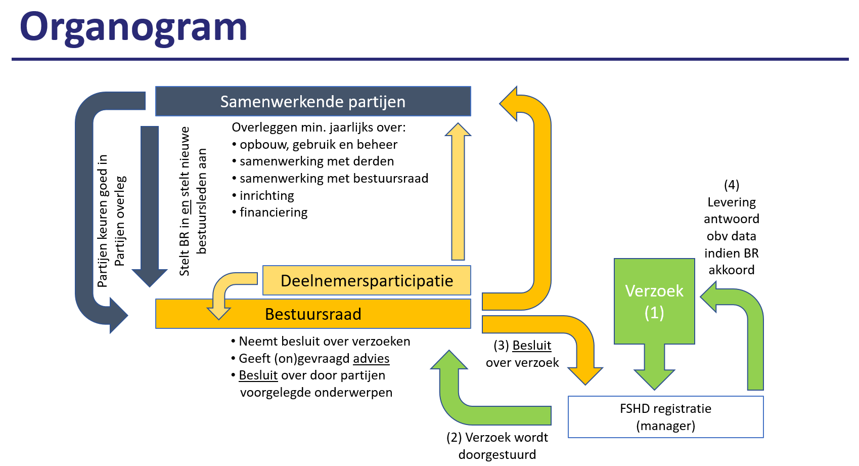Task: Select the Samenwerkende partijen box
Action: (x=313, y=101)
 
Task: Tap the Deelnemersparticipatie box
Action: (x=367, y=280)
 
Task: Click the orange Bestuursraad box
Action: (x=313, y=314)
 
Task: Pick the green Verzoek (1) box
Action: (x=654, y=302)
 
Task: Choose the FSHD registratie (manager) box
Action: (x=665, y=417)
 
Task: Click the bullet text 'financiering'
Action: (x=274, y=213)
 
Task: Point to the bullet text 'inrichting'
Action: (x=266, y=195)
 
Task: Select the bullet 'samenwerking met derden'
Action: (x=317, y=161)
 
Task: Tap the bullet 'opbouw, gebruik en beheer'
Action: (x=319, y=144)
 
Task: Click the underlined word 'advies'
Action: (x=371, y=358)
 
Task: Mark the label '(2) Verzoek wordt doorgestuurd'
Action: (x=497, y=446)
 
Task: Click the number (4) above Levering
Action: (x=731, y=185)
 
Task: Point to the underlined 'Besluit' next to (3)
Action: (x=531, y=346)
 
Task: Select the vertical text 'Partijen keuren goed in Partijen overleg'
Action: (x=112, y=221)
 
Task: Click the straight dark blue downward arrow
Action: (x=150, y=206)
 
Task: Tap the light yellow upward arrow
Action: (x=458, y=191)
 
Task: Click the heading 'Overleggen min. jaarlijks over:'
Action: (x=319, y=127)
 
